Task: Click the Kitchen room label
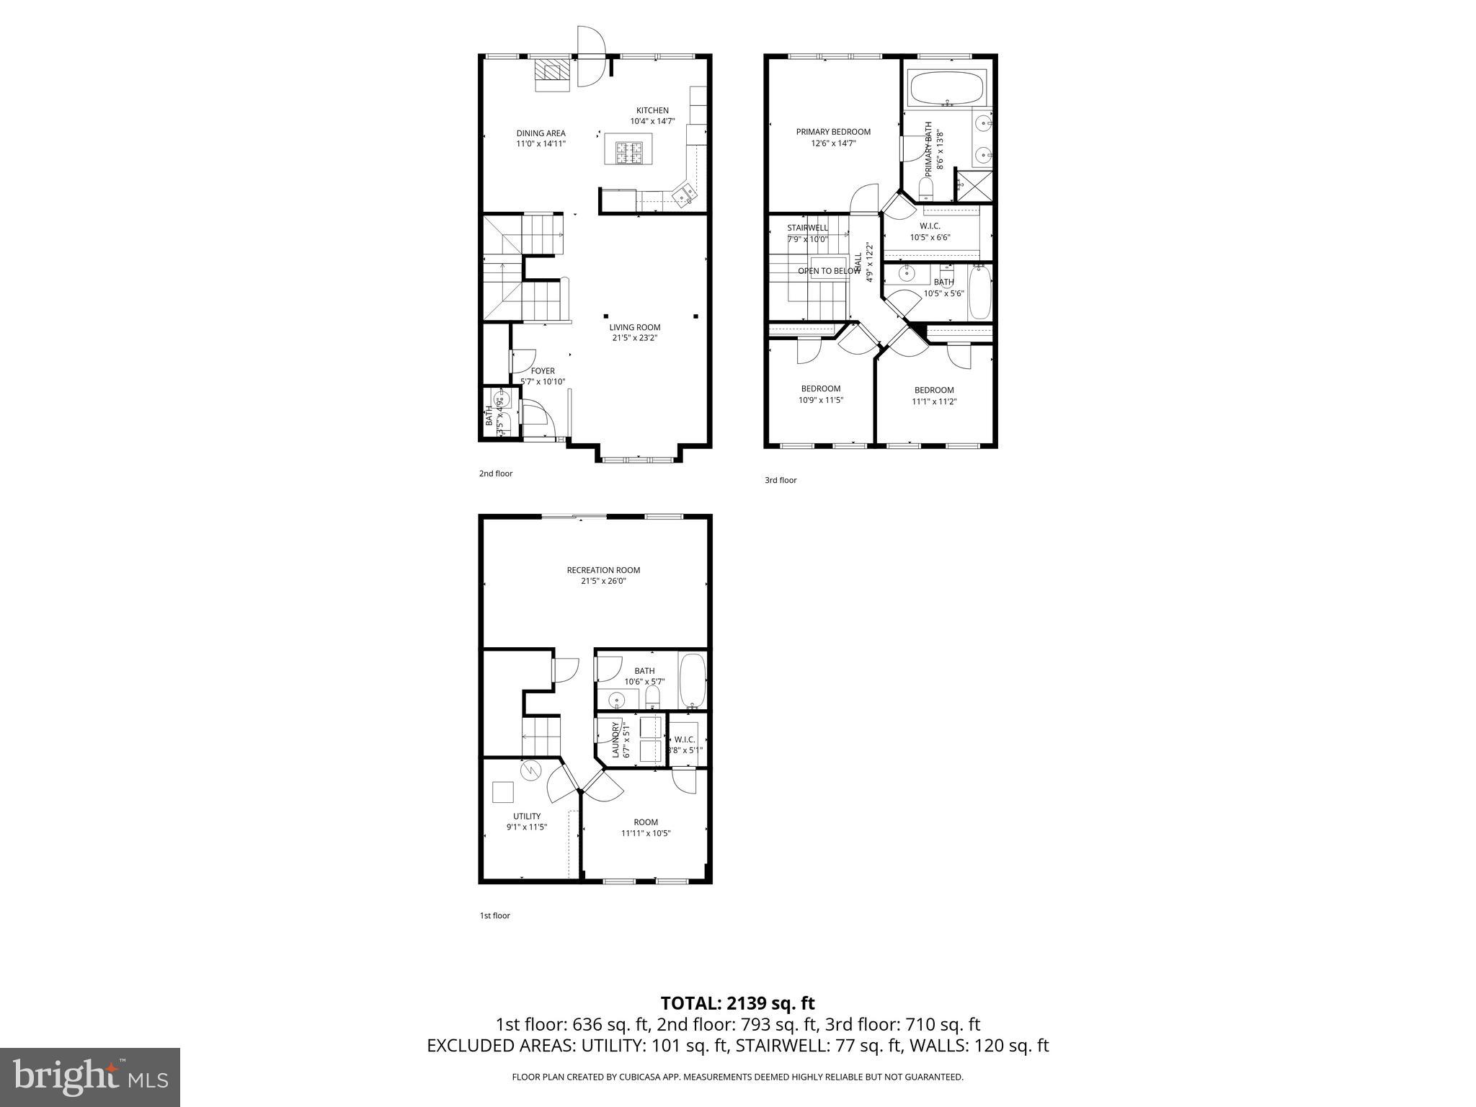tap(652, 110)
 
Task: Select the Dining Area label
tap(541, 133)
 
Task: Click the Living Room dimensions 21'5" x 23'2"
tap(634, 338)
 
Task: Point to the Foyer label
tap(543, 371)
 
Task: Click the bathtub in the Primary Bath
tap(946, 90)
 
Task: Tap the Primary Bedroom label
tap(833, 132)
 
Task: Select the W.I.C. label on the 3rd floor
tap(930, 226)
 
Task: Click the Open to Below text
tap(829, 271)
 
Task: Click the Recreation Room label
tap(603, 570)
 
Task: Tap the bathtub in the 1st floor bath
tap(693, 680)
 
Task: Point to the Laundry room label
tap(616, 740)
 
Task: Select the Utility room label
tap(527, 817)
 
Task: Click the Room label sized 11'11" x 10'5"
tap(646, 822)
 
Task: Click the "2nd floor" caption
tap(496, 474)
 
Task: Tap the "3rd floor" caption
tap(781, 480)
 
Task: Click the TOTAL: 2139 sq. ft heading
tap(737, 1003)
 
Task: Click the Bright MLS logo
tap(90, 1077)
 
